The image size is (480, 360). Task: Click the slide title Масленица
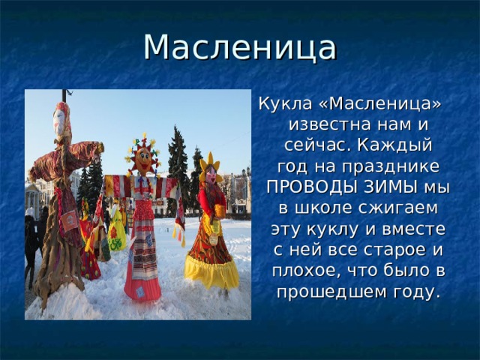(x=239, y=46)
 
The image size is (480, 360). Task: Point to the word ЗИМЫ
(x=382, y=186)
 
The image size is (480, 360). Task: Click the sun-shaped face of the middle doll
(x=142, y=158)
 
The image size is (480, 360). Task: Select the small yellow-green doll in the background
(x=116, y=232)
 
